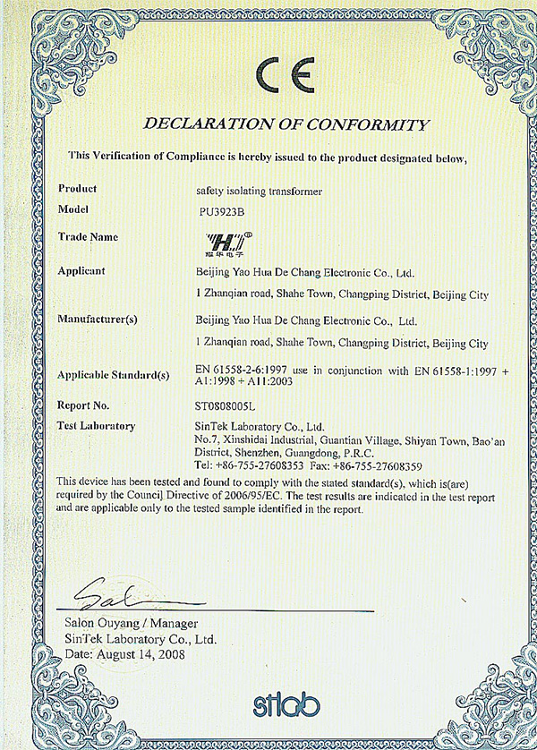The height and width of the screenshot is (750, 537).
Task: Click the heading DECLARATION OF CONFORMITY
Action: click(x=286, y=124)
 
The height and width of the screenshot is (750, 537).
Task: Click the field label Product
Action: click(x=77, y=189)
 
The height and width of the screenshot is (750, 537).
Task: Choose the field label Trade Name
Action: click(x=88, y=237)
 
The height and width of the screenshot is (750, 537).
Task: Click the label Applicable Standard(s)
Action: click(x=113, y=374)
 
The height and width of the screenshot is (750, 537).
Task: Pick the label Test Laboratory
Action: click(x=96, y=426)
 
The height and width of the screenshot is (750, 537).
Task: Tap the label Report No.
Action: click(x=83, y=405)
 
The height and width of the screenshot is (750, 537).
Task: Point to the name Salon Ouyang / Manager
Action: click(x=131, y=623)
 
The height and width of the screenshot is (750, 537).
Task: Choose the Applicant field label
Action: click(x=81, y=270)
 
